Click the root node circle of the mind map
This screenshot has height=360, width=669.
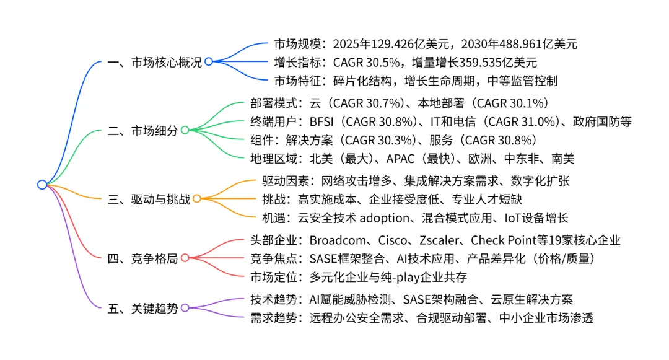coord(42,184)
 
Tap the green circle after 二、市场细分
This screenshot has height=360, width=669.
coord(185,130)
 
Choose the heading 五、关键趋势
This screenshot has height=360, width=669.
coord(142,308)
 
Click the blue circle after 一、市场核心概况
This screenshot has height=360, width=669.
coord(208,62)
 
